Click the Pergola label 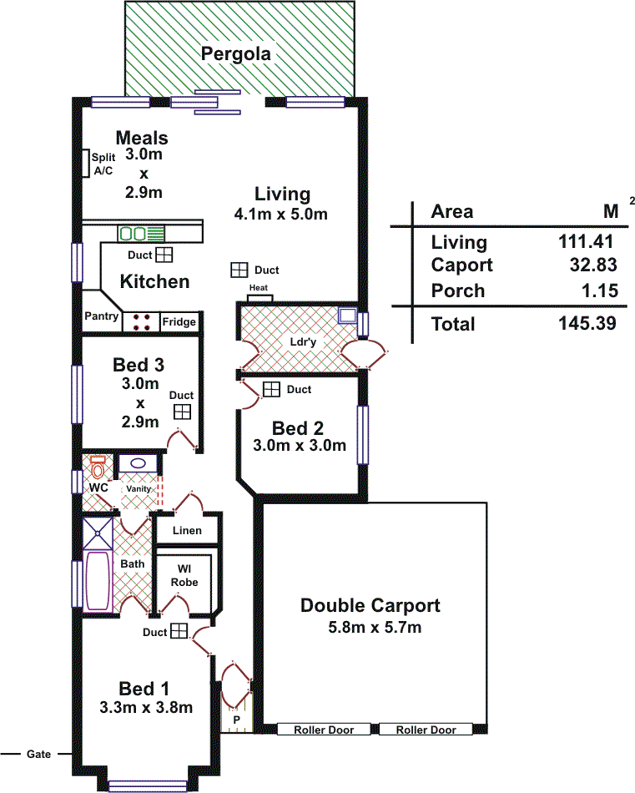point(235,53)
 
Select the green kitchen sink point(142,234)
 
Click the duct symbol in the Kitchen point(164,255)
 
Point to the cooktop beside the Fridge point(141,322)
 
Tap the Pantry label point(101,316)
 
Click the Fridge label point(179,321)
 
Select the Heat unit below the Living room point(260,298)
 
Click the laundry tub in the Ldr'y point(348,316)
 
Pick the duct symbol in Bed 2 point(271,389)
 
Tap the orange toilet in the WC point(98,467)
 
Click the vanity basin point(138,463)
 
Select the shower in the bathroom point(98,533)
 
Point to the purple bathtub point(98,581)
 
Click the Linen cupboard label point(187,531)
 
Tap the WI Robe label point(184,575)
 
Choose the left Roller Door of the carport point(324,730)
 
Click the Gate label point(38,754)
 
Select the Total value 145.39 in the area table point(587,323)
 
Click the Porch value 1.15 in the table point(600,290)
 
